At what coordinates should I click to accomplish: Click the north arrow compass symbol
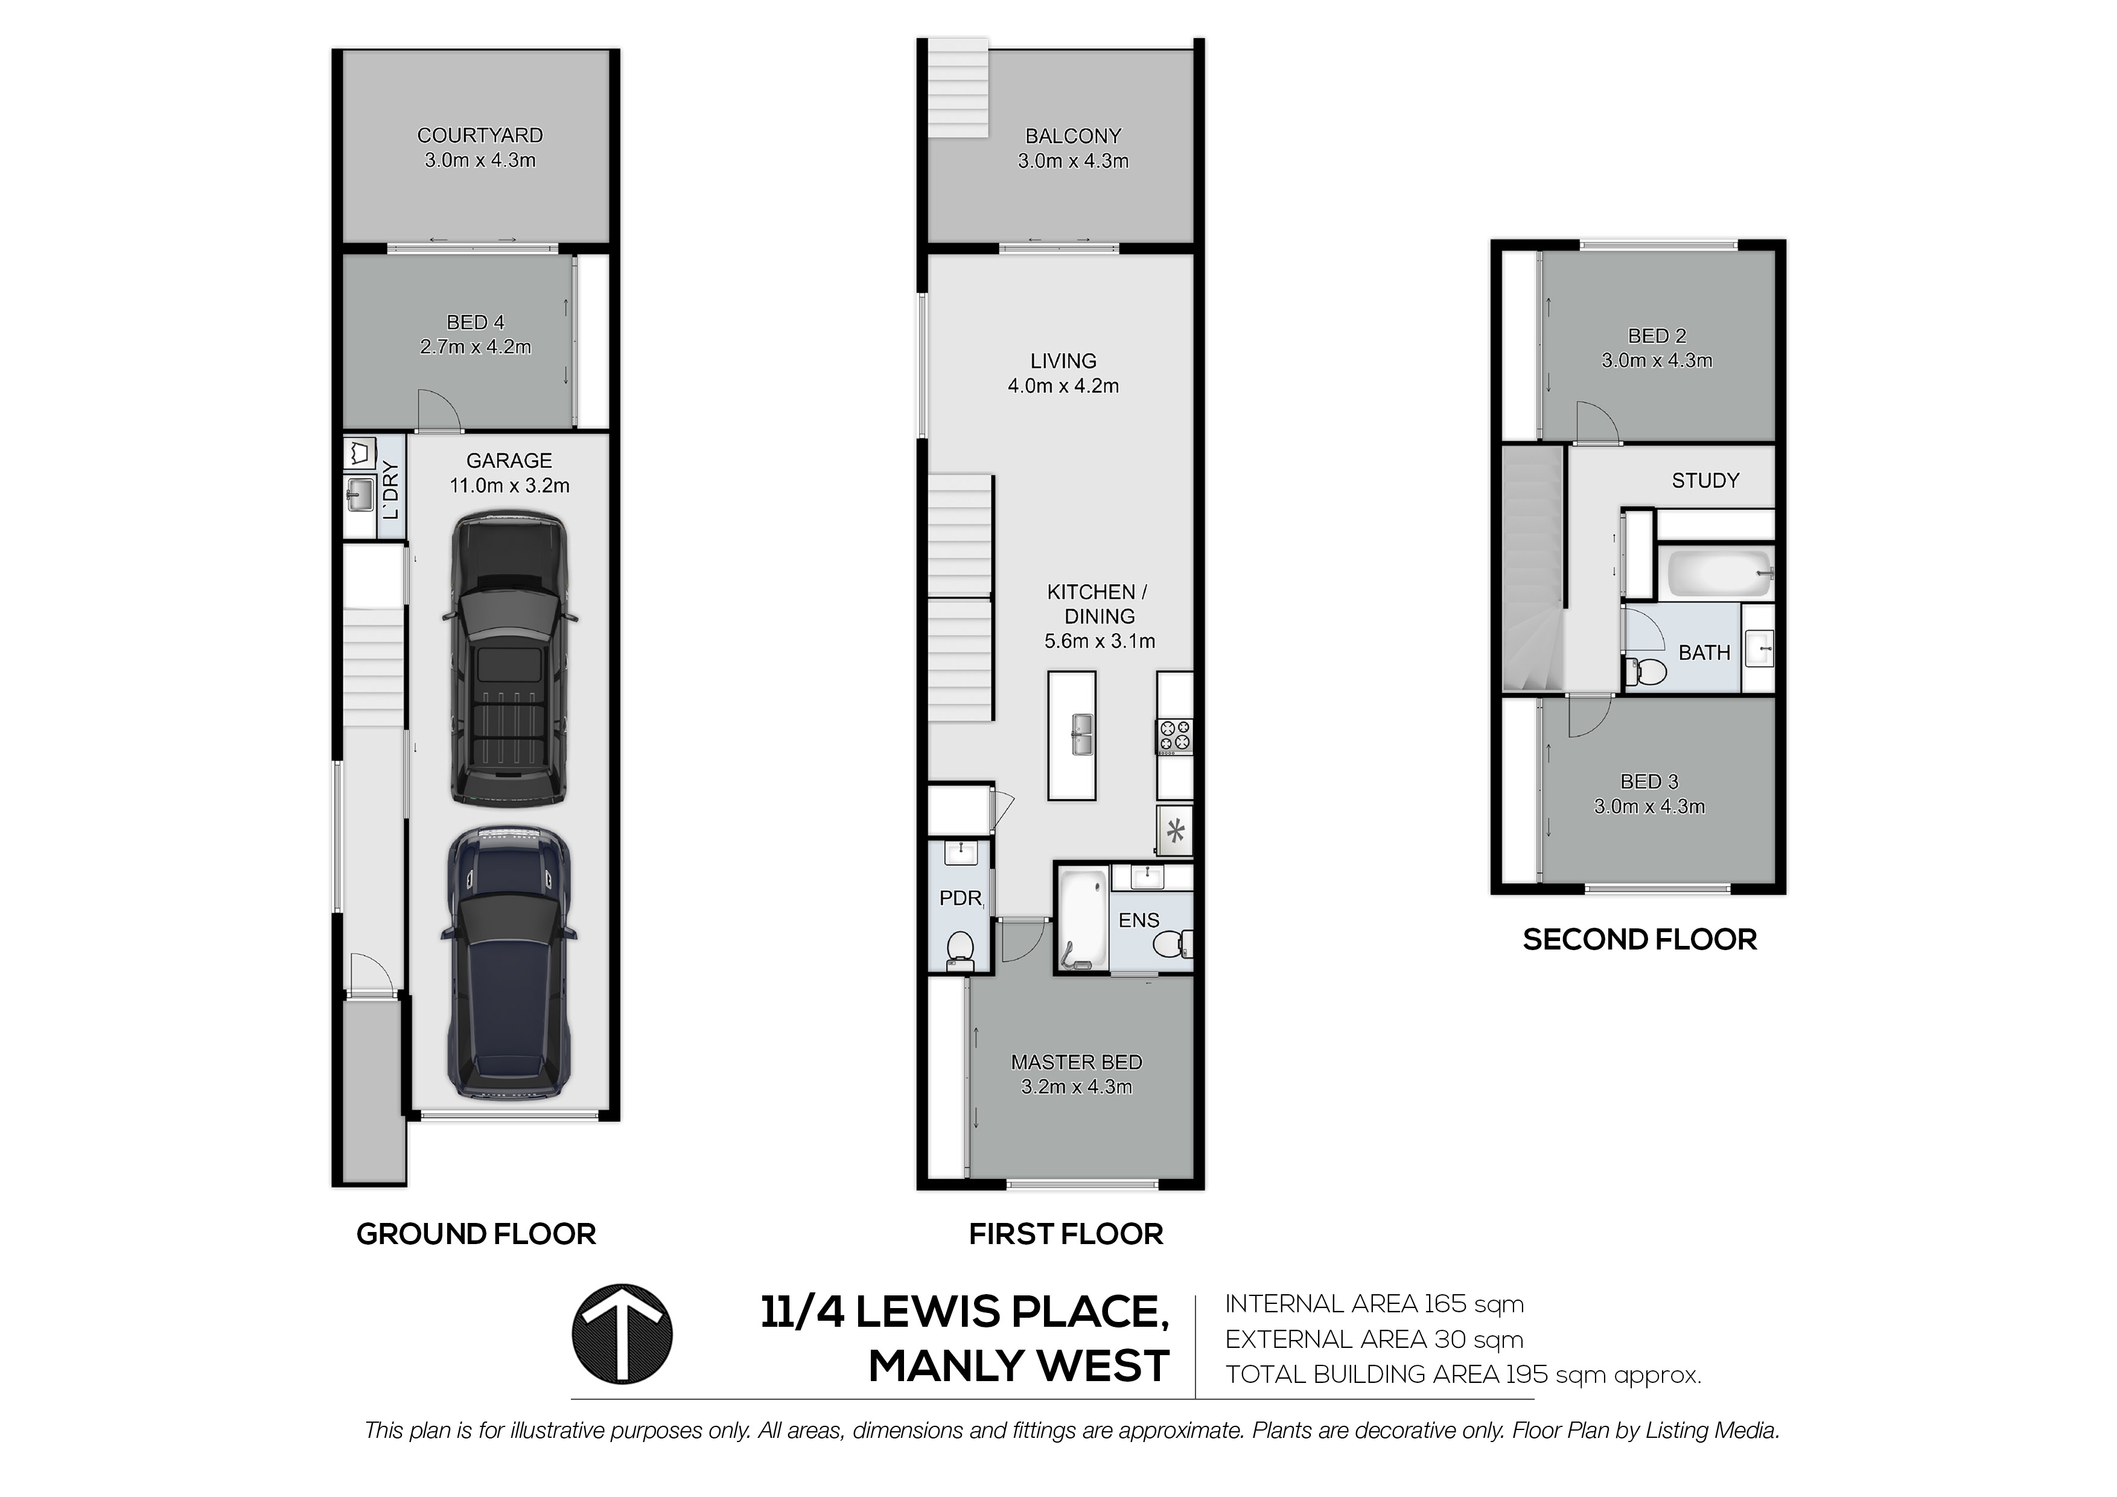[x=622, y=1334]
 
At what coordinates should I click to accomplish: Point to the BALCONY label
[x=1073, y=136]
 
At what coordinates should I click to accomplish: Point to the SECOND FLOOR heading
[x=1640, y=940]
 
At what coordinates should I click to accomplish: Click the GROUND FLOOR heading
[x=476, y=1234]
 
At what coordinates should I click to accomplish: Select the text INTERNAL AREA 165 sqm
[x=1374, y=1304]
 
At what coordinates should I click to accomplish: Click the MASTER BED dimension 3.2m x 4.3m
[x=1076, y=1088]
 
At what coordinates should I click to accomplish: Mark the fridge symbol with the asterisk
[x=1176, y=832]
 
